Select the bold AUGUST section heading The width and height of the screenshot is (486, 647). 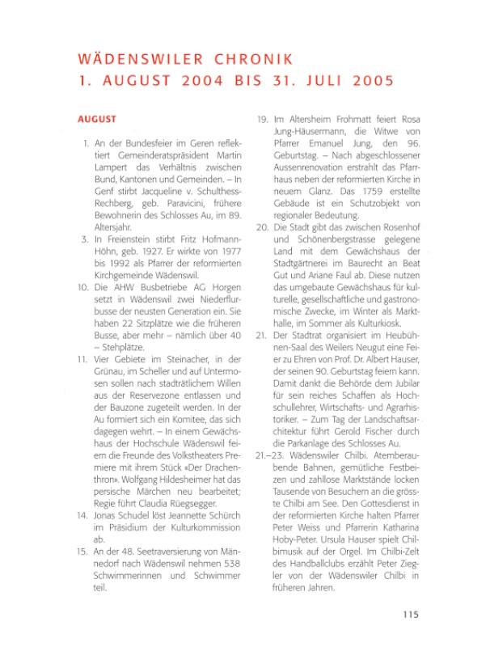tap(97, 120)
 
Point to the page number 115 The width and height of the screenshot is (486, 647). tap(410, 615)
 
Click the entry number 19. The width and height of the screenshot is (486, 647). tap(262, 120)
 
